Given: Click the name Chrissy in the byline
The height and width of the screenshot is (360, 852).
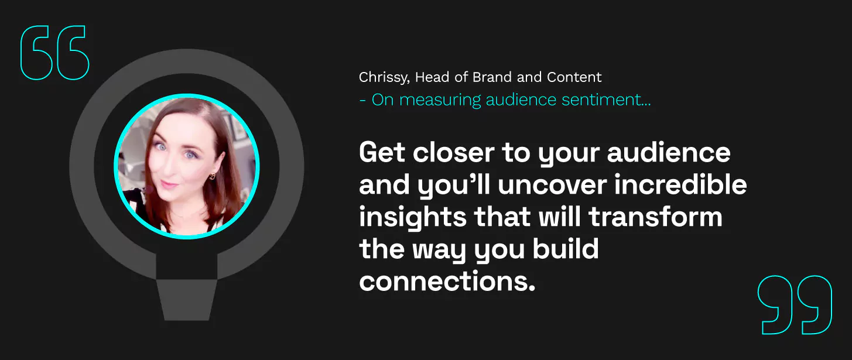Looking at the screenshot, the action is [384, 77].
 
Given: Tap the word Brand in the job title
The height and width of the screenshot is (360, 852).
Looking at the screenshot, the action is [492, 77].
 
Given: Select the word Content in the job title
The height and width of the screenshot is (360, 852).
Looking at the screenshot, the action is [574, 77].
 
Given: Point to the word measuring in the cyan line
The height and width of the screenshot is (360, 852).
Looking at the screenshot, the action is [440, 100].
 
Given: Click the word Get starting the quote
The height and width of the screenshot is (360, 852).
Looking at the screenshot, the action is [382, 152].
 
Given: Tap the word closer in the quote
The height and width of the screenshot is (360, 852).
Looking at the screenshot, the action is [454, 152].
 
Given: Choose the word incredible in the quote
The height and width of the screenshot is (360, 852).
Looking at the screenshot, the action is [680, 184].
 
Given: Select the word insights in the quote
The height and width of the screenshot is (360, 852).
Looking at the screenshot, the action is [413, 218].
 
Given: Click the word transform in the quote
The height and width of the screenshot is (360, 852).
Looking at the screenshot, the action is [655, 217].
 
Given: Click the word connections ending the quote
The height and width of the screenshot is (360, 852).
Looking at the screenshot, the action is [447, 282].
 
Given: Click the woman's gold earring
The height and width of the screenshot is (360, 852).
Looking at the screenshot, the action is [212, 176].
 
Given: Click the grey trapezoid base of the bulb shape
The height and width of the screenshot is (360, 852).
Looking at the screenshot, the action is [186, 300].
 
